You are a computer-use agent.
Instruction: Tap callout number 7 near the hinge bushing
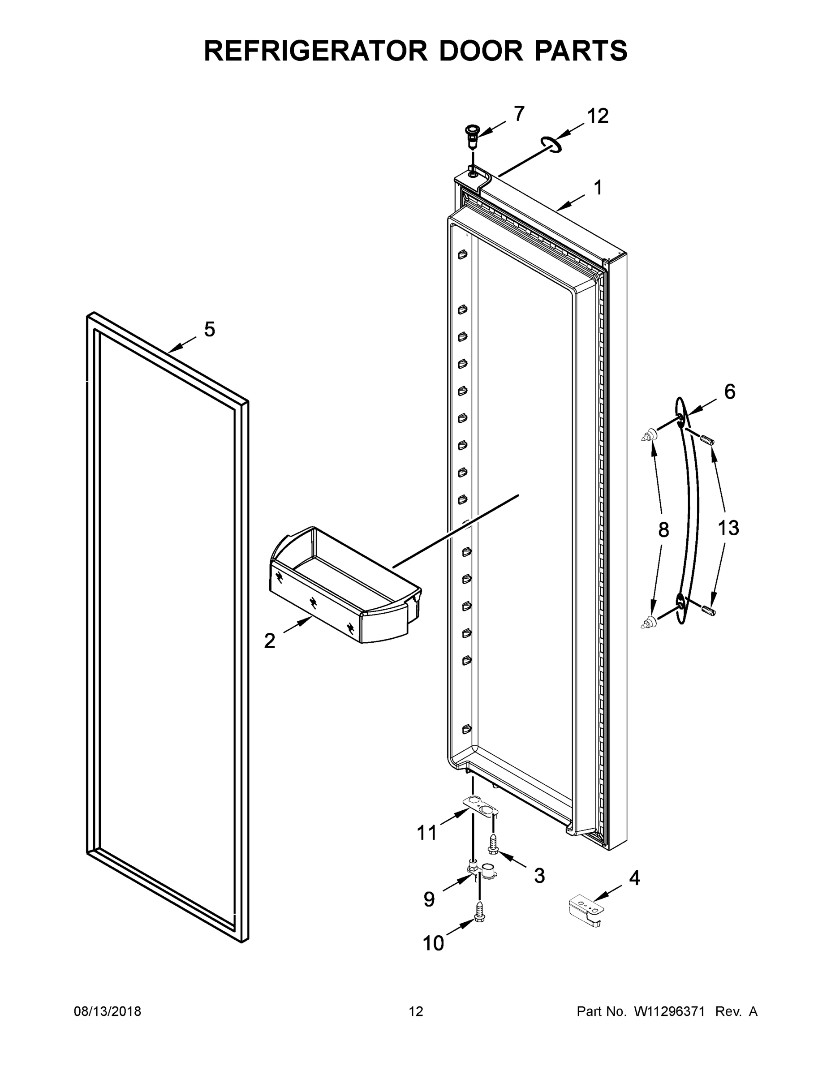pyautogui.click(x=519, y=114)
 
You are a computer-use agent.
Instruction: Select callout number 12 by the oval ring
pyautogui.click(x=598, y=116)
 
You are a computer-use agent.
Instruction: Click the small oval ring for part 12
pyautogui.click(x=551, y=145)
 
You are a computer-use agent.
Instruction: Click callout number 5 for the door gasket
pyautogui.click(x=209, y=329)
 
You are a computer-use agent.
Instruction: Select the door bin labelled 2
pyautogui.click(x=344, y=586)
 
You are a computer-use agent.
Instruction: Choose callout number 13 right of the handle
pyautogui.click(x=728, y=528)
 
